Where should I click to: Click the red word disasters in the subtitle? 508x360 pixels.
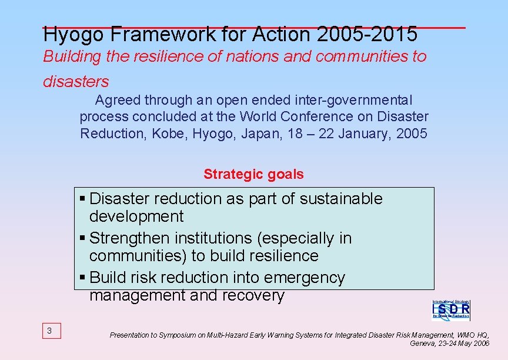(x=76, y=81)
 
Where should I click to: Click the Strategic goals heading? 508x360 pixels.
(x=253, y=174)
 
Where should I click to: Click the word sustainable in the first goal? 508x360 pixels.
(x=341, y=199)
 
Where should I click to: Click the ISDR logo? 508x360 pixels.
(x=451, y=309)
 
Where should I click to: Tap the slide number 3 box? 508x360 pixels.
(x=49, y=331)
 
